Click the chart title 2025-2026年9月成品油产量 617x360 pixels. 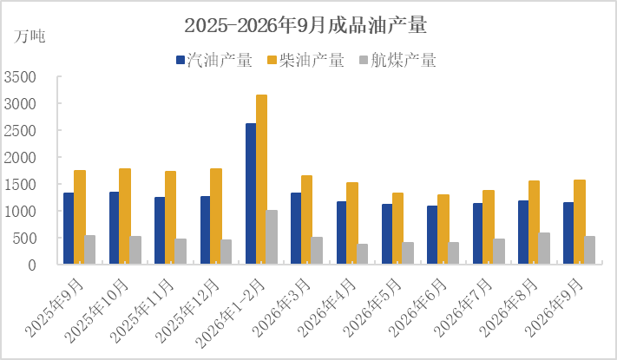tap(305, 25)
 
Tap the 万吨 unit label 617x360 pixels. tap(30, 36)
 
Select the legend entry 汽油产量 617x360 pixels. tap(214, 60)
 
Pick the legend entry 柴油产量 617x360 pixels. tap(306, 60)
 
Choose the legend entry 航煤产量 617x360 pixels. tap(397, 60)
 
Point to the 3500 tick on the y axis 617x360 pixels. tap(20, 77)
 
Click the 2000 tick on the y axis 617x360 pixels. tap(20, 158)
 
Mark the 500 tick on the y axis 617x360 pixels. tap(24, 239)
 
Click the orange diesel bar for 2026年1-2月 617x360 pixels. tap(262, 180)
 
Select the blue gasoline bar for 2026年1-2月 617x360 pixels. tap(251, 193)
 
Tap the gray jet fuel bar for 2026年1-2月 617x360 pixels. tap(272, 237)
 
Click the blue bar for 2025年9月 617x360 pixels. tap(69, 229)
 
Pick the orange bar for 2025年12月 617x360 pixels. tap(216, 216)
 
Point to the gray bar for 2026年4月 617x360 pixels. tap(363, 254)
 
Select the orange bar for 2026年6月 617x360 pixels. tap(443, 229)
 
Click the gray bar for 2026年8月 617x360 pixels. tap(545, 248)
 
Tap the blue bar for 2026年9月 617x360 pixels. tap(568, 233)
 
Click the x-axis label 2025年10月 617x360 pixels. tap(97, 311)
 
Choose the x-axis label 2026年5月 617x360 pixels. tap(372, 307)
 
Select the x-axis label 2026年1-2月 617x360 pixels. tap(231, 313)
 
